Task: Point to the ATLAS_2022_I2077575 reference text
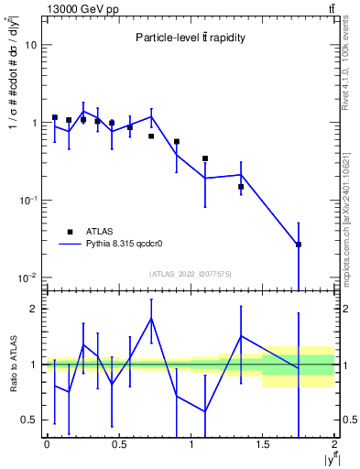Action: click(190, 273)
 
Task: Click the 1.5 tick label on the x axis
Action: click(263, 445)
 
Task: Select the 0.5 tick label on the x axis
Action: click(118, 445)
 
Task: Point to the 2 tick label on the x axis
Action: click(334, 445)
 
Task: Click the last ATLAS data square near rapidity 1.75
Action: click(299, 245)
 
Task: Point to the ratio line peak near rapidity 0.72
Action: click(151, 318)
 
